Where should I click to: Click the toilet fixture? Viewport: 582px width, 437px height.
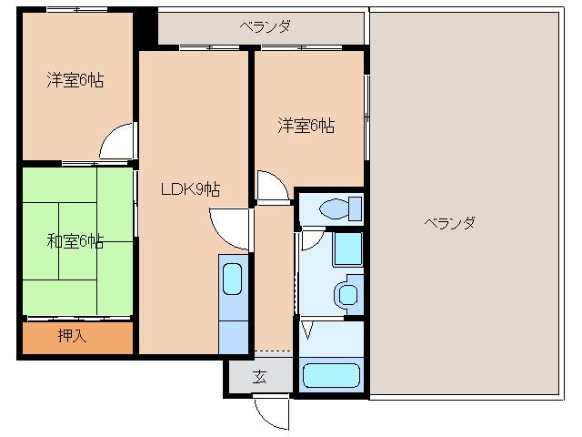(x=341, y=208)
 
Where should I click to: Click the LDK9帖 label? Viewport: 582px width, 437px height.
(x=191, y=189)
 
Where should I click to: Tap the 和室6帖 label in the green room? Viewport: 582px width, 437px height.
(x=75, y=241)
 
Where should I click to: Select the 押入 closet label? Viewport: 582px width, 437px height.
(x=72, y=336)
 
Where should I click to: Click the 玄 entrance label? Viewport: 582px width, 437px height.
(x=259, y=377)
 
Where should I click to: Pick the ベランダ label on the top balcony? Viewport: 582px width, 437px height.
(x=266, y=26)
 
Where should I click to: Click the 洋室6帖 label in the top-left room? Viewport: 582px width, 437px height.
(x=75, y=80)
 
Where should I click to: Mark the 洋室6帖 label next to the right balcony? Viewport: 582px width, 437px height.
(x=306, y=126)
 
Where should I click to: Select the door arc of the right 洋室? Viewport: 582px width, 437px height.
(x=270, y=187)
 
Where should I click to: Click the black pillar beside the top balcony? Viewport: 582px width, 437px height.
(x=145, y=26)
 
